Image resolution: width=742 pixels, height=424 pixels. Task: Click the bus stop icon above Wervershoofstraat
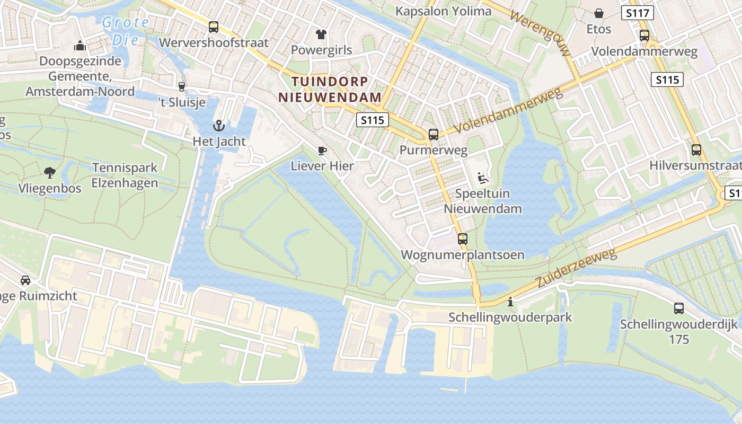[x=214, y=27]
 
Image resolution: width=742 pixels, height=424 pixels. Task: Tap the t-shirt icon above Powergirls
[x=321, y=35]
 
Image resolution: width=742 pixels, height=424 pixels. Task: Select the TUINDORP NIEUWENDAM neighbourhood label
[x=330, y=90]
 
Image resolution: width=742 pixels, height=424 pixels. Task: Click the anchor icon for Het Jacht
[x=218, y=126]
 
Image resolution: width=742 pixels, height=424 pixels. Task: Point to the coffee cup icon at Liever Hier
[x=322, y=151]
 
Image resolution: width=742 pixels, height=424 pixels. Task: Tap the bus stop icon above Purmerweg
[x=434, y=135]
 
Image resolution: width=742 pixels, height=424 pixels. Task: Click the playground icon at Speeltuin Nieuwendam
[x=482, y=178]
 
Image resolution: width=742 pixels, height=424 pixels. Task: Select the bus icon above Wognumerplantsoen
[x=463, y=239]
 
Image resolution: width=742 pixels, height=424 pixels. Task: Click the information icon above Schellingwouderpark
[x=510, y=302]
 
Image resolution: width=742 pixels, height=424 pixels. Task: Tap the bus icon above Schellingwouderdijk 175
[x=678, y=308]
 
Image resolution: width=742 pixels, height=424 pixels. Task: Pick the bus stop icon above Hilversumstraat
[x=696, y=150]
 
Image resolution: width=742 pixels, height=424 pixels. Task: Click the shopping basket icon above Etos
[x=599, y=13]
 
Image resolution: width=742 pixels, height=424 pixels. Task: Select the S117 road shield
[x=638, y=13]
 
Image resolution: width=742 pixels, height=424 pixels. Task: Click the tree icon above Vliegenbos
[x=50, y=172]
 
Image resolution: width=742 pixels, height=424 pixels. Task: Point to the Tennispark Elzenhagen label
[x=125, y=175]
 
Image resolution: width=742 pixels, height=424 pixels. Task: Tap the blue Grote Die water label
[x=126, y=31]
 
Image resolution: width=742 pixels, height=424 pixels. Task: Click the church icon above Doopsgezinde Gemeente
[x=80, y=46]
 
